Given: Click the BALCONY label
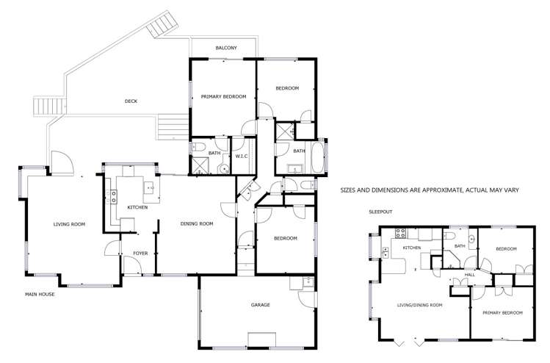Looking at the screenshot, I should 226,48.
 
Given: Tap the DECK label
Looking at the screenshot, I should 131,101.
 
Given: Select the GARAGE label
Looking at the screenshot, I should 261,304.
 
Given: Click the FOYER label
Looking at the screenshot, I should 140,254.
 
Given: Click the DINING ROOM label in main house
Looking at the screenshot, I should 197,223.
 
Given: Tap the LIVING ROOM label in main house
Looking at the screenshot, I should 68,223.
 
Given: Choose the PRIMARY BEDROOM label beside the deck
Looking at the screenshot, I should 223,97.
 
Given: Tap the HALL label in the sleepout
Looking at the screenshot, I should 468,275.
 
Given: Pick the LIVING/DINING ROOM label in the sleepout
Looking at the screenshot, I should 419,304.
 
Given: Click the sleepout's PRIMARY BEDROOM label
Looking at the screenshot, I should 502,313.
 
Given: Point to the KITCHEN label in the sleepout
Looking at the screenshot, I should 411,248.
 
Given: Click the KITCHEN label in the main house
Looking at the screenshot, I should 137,207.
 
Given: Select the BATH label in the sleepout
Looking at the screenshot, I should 460,246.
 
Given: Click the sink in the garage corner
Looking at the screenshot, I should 305,282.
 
